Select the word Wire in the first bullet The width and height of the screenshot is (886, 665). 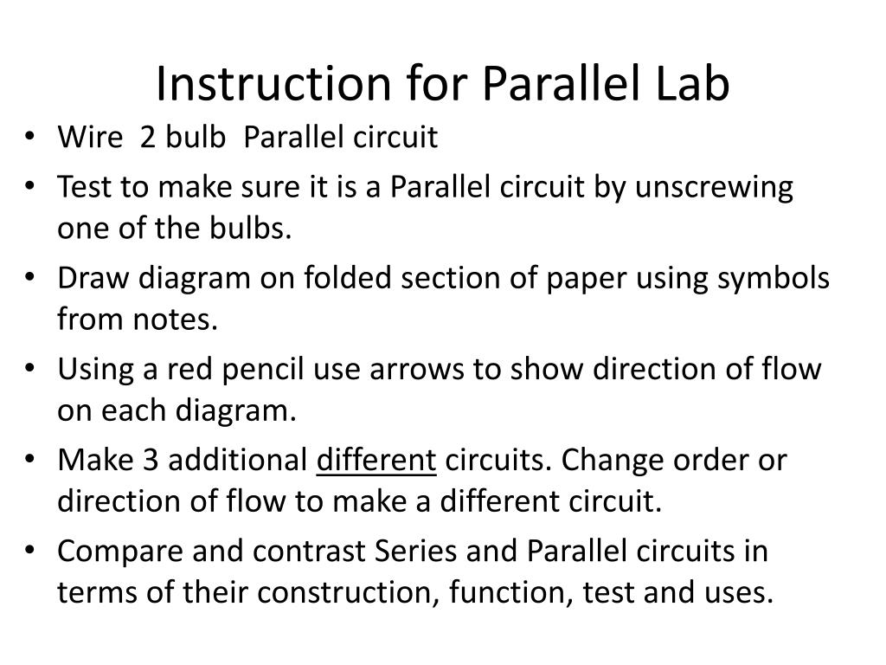coord(86,138)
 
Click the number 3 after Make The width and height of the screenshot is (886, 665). coord(150,461)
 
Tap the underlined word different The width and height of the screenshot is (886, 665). coord(376,461)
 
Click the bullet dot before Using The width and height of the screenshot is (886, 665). coord(32,370)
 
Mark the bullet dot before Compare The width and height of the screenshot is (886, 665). coord(32,552)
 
